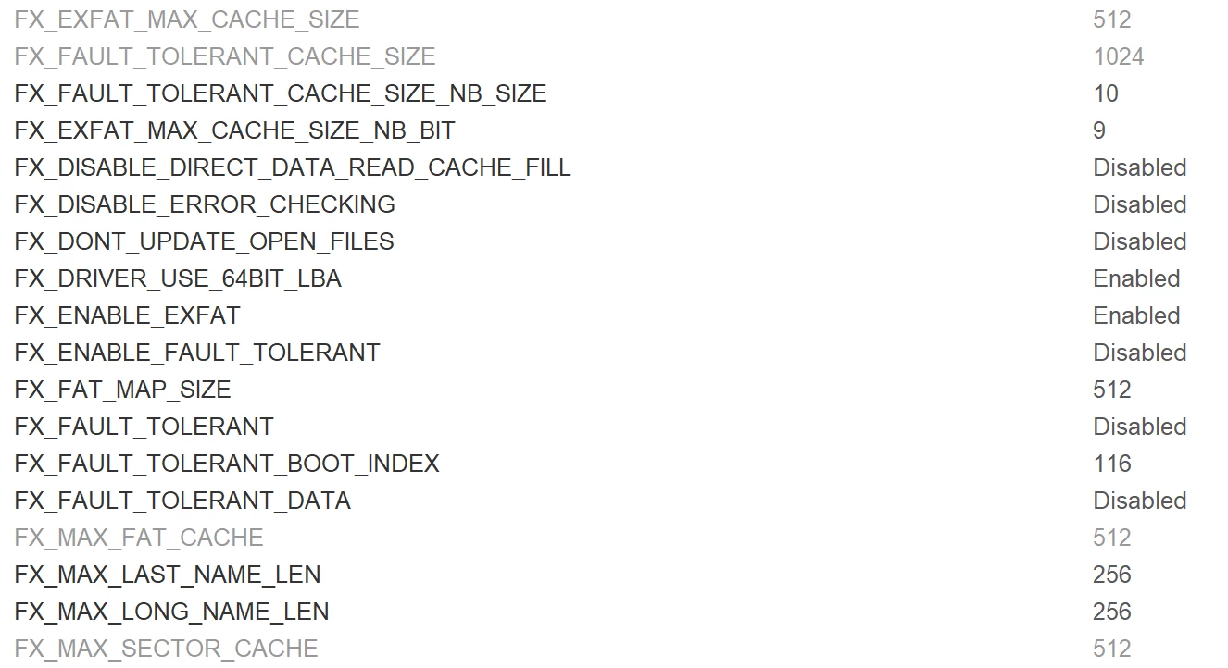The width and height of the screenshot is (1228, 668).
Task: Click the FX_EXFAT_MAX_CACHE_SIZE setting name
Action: (187, 20)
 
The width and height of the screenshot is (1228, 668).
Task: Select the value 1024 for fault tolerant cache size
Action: (1119, 56)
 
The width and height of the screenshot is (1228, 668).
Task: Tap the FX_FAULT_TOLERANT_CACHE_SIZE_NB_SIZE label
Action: (280, 94)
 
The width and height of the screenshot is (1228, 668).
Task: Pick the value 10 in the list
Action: (1106, 93)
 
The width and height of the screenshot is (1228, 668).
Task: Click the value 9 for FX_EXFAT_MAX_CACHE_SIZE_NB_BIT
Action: (1099, 130)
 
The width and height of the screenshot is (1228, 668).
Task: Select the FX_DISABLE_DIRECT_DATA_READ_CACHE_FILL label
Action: (293, 168)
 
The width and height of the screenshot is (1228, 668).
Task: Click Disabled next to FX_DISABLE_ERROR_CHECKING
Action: (1140, 204)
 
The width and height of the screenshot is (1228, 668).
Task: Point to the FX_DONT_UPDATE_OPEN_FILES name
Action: (204, 242)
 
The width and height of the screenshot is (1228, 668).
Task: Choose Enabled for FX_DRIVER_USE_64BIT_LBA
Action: (1136, 278)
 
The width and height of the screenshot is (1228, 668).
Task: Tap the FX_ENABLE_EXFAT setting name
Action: (127, 315)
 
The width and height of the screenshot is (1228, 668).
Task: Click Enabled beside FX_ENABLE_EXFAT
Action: (1136, 315)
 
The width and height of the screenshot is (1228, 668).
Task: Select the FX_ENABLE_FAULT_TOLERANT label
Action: (197, 353)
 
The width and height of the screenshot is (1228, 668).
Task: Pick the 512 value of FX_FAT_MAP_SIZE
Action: (1112, 390)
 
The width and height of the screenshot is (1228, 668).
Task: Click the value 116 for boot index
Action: (1112, 464)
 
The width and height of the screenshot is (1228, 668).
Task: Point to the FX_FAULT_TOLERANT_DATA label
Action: (182, 501)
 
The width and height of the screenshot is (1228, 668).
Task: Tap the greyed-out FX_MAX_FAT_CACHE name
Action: (139, 538)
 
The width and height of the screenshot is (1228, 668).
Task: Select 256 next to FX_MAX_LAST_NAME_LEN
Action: (1112, 575)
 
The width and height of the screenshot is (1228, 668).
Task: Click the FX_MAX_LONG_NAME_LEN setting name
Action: (171, 612)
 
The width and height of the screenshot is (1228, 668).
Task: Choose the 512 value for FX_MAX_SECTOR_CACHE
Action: (1112, 649)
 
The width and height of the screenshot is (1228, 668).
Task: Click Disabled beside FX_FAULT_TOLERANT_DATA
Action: (1140, 501)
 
